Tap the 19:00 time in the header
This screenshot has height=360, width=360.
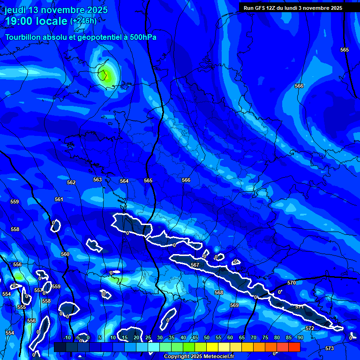pyautogui.click(x=20, y=21)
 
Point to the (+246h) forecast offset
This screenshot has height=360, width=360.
pyautogui.click(x=83, y=21)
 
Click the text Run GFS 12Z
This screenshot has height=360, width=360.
pyautogui.click(x=260, y=8)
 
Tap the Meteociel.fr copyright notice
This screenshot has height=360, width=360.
pyautogui.click(x=199, y=356)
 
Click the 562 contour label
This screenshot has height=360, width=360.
pyautogui.click(x=71, y=182)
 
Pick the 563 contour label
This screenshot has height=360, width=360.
pyautogui.click(x=97, y=180)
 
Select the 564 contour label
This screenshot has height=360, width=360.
pyautogui.click(x=124, y=181)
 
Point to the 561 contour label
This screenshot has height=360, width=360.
pyautogui.click(x=59, y=199)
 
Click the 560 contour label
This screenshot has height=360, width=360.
pyautogui.click(x=65, y=254)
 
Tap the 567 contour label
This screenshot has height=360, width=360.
pyautogui.click(x=195, y=265)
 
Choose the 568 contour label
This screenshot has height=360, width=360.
pyautogui.click(x=219, y=292)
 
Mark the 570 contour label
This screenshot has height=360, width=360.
pyautogui.click(x=292, y=283)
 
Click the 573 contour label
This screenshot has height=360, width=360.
pyautogui.click(x=330, y=348)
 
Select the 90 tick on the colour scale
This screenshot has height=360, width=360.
pyautogui.click(x=300, y=337)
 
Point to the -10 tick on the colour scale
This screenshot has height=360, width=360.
pyautogui.click(x=67, y=337)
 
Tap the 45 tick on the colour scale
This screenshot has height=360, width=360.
pyautogui.click(x=195, y=337)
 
